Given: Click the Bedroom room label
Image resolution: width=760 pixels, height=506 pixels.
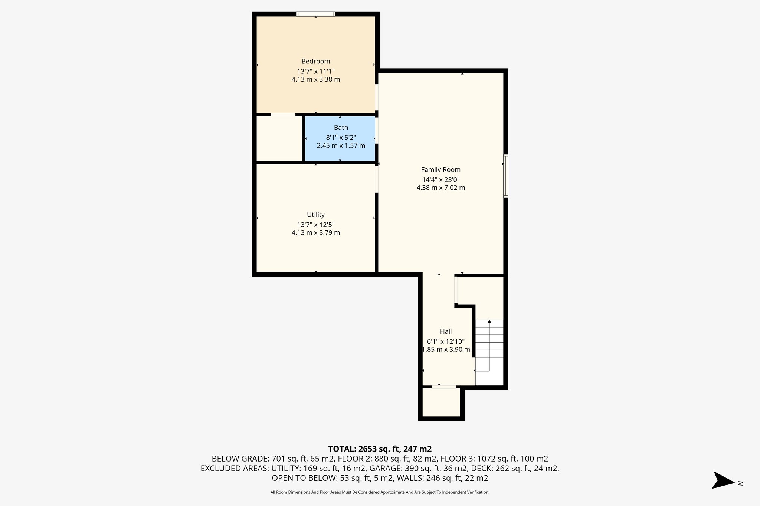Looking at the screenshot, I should (315, 62).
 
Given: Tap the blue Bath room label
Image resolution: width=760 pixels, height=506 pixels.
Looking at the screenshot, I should (341, 128).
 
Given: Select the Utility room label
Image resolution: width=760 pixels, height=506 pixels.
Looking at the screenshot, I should (316, 215).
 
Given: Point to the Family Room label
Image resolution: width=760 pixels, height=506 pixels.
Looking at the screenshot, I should (440, 170).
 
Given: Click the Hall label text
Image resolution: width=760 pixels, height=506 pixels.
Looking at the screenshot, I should (446, 331).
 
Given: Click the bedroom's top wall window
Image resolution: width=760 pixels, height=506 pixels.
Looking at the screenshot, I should (315, 14).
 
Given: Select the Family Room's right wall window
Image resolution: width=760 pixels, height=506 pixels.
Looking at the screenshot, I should (505, 176).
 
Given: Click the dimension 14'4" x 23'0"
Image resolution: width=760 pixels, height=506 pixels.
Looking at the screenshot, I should (440, 179).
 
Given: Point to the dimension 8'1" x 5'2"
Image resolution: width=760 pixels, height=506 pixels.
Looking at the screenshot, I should (341, 137).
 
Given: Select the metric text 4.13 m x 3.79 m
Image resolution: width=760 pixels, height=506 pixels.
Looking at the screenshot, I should (315, 233).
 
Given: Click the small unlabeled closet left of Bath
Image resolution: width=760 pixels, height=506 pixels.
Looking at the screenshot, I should (279, 139).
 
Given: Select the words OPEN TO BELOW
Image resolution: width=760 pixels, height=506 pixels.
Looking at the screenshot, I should (304, 478).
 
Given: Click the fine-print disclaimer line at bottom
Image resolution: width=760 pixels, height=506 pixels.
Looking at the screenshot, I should (380, 492).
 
